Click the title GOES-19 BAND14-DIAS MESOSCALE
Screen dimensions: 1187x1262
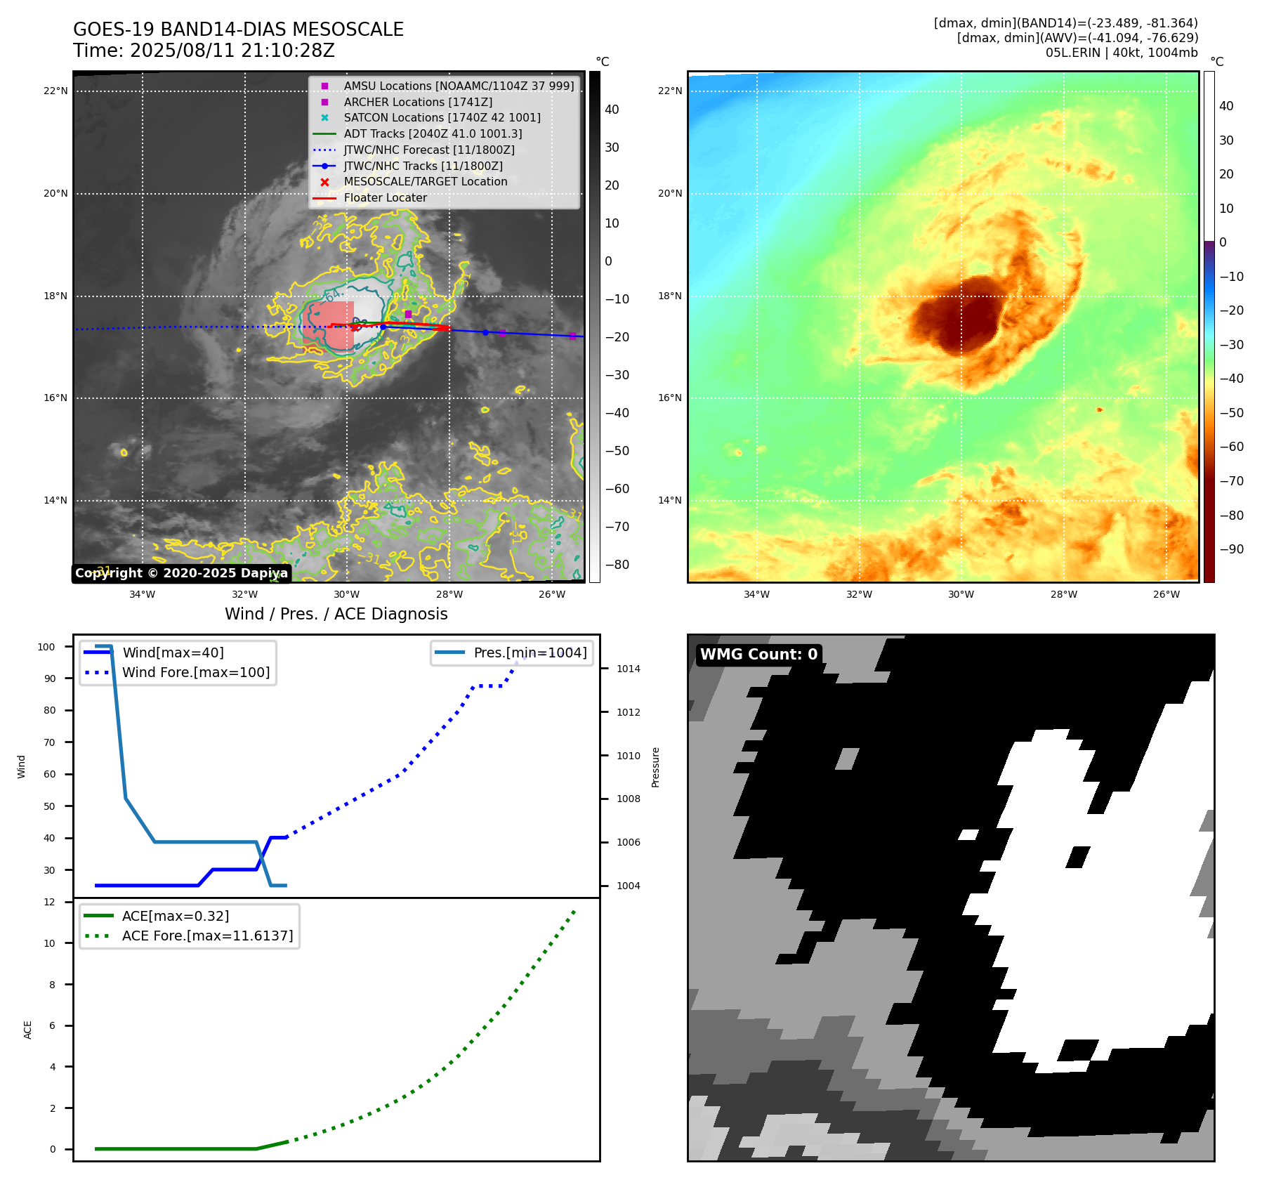[x=238, y=29]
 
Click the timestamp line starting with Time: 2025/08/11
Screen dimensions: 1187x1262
[x=204, y=51]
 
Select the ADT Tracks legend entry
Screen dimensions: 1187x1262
[x=433, y=133]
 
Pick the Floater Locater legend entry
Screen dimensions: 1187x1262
[x=385, y=197]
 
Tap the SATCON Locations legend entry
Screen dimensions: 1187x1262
[x=442, y=117]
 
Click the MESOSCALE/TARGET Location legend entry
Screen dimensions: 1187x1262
[x=425, y=181]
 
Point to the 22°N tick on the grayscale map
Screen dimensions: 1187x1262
[x=55, y=91]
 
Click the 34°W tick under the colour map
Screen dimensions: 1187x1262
[x=756, y=594]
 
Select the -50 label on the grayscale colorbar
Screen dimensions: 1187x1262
[x=617, y=451]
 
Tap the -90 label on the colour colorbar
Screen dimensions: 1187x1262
[x=1231, y=549]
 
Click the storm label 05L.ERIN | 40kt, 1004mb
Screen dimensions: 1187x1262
[x=1122, y=53]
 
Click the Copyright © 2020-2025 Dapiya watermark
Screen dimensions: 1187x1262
[x=181, y=573]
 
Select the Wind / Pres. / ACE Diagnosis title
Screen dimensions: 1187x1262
[x=336, y=614]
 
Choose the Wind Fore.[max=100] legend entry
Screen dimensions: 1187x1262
[x=196, y=672]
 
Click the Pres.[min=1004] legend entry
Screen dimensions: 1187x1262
[x=530, y=652]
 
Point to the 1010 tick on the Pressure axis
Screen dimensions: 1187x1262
[x=628, y=756]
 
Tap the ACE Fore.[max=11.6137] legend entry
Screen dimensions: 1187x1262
[x=207, y=936]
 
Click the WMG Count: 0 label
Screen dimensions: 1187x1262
[x=758, y=655]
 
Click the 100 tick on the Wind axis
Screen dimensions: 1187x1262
[x=46, y=647]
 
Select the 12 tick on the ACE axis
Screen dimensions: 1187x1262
[x=49, y=902]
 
